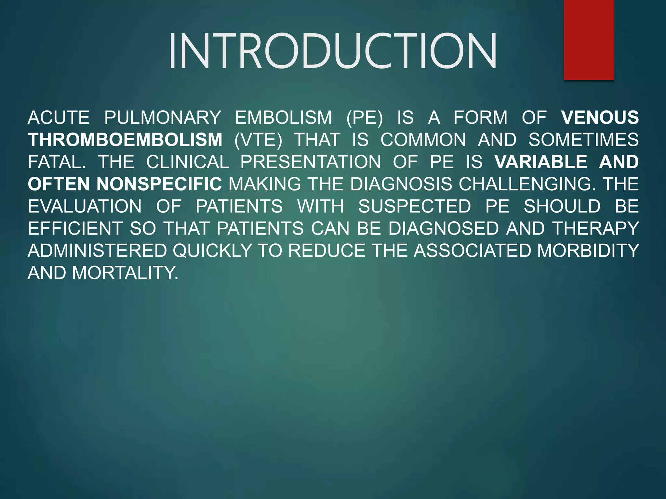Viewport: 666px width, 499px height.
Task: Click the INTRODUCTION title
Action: [x=332, y=51]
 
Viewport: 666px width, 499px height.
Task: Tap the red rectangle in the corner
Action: [x=589, y=40]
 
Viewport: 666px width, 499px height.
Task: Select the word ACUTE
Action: [x=59, y=118]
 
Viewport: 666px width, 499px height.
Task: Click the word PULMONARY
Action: [x=163, y=118]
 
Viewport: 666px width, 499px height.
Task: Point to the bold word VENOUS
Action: [x=600, y=118]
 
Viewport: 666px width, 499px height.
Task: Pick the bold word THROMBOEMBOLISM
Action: [x=125, y=140]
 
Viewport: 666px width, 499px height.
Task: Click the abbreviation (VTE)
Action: [x=258, y=140]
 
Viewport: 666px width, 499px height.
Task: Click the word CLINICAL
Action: [x=188, y=162]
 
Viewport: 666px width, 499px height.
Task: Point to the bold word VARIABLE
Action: [x=541, y=162]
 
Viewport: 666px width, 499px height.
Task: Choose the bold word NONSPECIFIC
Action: [x=159, y=184]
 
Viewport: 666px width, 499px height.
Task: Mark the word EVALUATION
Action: [x=85, y=206]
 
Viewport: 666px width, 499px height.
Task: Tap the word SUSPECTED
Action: [x=415, y=206]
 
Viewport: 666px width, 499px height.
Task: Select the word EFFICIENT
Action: [x=75, y=228]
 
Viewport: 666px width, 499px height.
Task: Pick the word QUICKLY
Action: [x=212, y=251]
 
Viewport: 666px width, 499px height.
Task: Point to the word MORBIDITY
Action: [x=588, y=251]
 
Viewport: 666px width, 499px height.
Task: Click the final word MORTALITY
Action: [x=125, y=273]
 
